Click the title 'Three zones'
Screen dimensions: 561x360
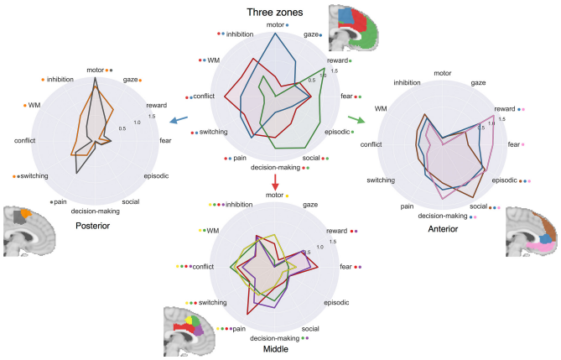[275, 13]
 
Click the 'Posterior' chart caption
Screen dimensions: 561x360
[93, 226]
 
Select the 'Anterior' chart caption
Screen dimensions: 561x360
[443, 229]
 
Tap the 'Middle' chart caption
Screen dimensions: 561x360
[276, 349]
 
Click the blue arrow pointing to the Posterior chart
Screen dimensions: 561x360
[179, 120]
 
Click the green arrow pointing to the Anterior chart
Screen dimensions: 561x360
[356, 120]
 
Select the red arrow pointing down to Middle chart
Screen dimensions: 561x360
[275, 182]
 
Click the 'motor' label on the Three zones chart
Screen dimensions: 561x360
[275, 24]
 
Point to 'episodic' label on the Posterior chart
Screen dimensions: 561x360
[156, 176]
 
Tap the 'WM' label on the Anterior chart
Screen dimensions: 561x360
[381, 108]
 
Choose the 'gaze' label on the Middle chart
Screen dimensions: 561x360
[310, 205]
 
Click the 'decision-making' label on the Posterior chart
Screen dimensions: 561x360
[95, 211]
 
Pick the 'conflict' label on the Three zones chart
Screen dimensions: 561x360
[204, 96]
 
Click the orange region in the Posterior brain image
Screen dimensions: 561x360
[26, 213]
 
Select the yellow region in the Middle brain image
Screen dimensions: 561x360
[188, 320]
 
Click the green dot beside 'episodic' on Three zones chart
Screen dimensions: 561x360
[352, 133]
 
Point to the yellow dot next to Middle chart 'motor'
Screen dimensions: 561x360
[287, 196]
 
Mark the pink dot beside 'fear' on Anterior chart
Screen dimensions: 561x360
[522, 144]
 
